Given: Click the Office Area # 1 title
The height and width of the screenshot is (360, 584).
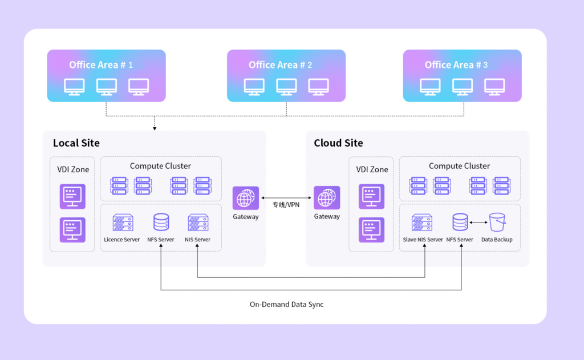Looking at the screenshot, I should [x=101, y=65].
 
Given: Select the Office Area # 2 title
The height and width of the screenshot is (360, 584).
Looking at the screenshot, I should [x=280, y=65].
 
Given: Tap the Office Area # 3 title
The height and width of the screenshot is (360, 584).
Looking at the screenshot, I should [x=456, y=65].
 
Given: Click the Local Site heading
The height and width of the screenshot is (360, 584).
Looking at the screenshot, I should [x=76, y=143].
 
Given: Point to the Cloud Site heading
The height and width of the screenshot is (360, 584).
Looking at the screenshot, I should [x=338, y=143].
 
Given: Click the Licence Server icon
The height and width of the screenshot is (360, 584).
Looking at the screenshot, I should [x=123, y=223].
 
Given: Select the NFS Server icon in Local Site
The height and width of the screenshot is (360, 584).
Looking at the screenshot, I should [x=161, y=223].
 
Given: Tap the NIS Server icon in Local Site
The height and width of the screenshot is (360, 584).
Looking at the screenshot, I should [x=198, y=223].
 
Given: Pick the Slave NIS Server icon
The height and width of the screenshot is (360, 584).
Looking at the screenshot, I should [x=422, y=223].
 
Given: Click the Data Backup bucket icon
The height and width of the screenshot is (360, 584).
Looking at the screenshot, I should [x=497, y=223].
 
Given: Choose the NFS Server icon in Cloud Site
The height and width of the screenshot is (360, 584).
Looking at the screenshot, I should [x=460, y=223].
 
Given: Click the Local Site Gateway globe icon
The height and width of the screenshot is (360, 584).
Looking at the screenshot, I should [x=246, y=199].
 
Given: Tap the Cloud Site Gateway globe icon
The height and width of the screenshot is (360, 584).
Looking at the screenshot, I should [x=327, y=199].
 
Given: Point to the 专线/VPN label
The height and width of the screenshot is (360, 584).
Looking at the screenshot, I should [x=286, y=204].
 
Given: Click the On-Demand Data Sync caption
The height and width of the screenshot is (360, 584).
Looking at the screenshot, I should [x=286, y=304].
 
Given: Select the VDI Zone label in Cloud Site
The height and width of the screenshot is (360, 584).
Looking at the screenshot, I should [x=372, y=169].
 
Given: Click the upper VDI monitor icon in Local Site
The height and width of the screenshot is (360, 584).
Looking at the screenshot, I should [x=72, y=196].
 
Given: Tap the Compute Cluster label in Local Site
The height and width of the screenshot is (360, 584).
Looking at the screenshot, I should [x=160, y=166].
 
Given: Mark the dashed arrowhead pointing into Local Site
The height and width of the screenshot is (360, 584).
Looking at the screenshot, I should [x=155, y=128].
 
